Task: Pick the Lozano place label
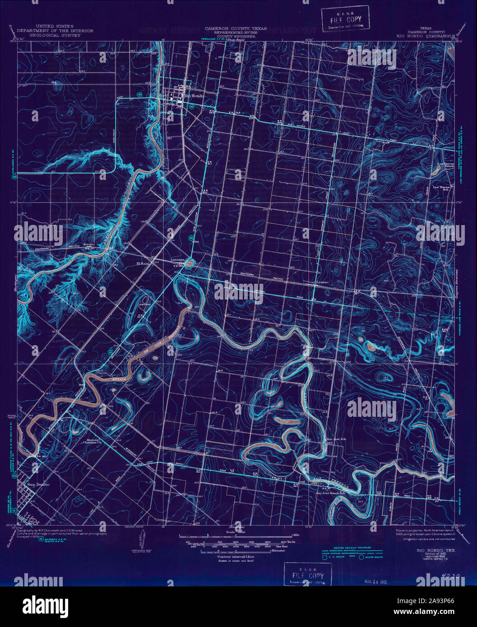pos(322,282)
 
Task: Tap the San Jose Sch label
pos(336,438)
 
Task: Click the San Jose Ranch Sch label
pos(333,493)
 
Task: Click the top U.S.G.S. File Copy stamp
pos(345,19)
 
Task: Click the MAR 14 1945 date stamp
pos(376,582)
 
